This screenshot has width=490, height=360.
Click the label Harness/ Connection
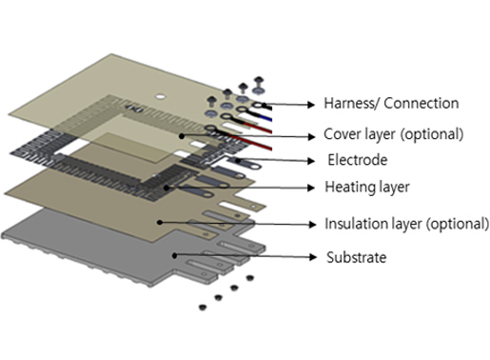pos(391,104)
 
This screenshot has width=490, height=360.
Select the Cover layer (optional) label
pos(394,134)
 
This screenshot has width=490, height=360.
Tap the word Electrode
pos(358,160)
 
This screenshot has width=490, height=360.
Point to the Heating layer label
pos(367,187)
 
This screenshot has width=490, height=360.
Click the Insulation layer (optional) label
pos(407,224)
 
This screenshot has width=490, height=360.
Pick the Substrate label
pos(357,257)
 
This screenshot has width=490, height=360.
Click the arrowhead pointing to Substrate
pos(313,257)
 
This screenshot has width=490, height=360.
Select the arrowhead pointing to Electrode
pos(311,161)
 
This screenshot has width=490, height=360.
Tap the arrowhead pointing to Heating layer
pos(311,188)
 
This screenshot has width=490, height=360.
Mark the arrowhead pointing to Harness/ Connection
pos(311,105)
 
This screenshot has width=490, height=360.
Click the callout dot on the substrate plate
pos(174,255)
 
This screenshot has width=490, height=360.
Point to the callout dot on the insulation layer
pos(160,222)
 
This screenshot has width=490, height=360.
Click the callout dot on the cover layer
pos(182,136)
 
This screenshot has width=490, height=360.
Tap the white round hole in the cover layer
pos(160,96)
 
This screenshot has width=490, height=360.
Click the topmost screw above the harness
pos(259,81)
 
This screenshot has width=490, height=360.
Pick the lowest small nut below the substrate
pos(203,308)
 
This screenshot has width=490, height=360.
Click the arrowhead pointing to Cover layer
pos(311,136)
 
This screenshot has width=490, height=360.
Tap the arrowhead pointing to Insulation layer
pos(312,225)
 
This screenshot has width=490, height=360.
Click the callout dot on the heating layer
pos(167,188)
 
